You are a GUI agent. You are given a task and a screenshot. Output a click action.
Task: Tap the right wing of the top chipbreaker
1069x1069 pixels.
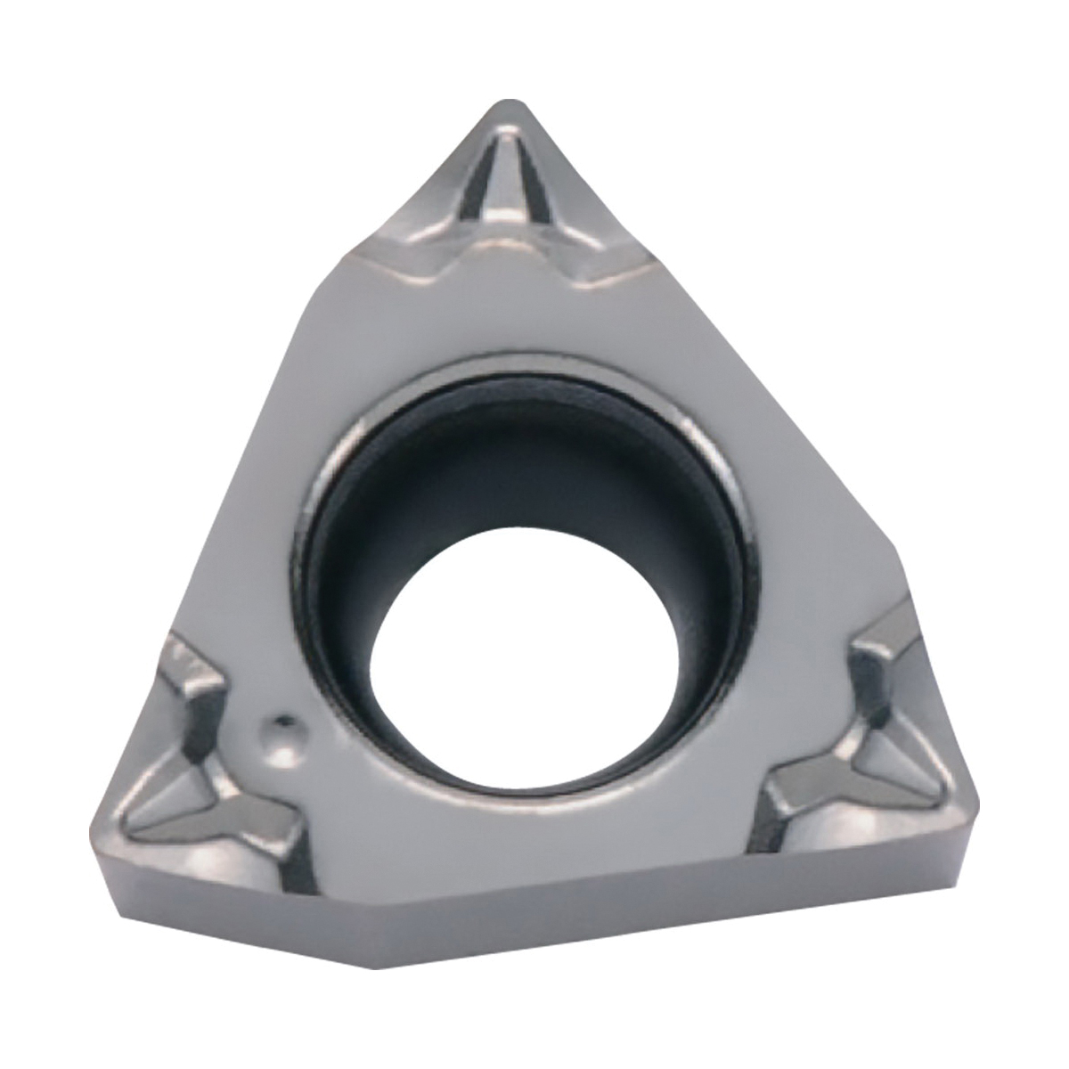[606, 254]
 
